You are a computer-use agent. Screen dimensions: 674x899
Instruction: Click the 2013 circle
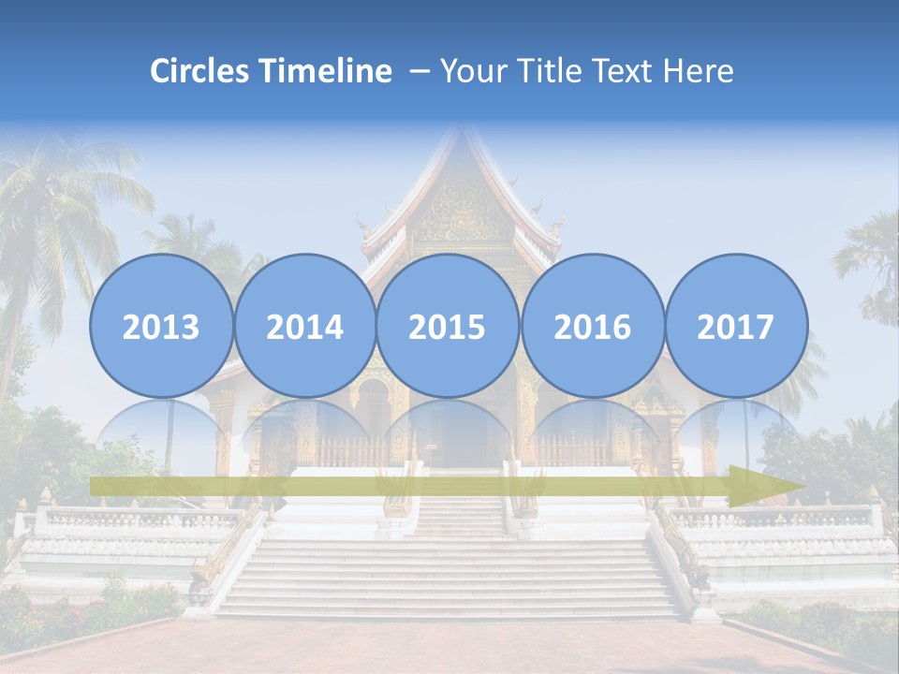tap(161, 326)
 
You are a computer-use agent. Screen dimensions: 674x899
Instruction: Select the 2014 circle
tap(304, 326)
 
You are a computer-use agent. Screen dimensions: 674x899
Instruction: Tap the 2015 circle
tap(448, 326)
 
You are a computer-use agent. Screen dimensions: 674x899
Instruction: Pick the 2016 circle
tap(592, 326)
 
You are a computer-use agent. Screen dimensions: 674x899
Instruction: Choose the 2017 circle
tap(735, 326)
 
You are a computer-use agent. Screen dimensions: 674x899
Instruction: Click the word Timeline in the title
tap(327, 71)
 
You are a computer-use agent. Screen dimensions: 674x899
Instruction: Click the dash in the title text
tap(420, 72)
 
